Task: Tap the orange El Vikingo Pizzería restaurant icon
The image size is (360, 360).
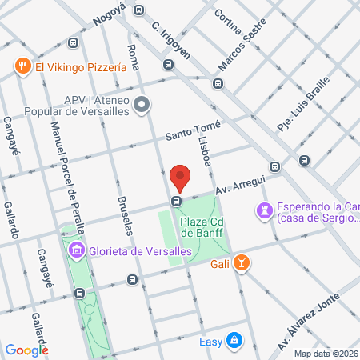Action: click(22, 68)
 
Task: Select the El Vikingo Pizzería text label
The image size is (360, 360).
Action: click(81, 68)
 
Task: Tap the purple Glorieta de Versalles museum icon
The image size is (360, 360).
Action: click(77, 251)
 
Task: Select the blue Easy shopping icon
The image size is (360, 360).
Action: click(233, 342)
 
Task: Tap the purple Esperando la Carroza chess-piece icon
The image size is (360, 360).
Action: click(264, 210)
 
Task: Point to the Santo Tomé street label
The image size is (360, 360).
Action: click(192, 130)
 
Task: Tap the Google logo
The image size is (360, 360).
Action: click(26, 350)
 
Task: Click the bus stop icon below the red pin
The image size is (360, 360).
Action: click(176, 201)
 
